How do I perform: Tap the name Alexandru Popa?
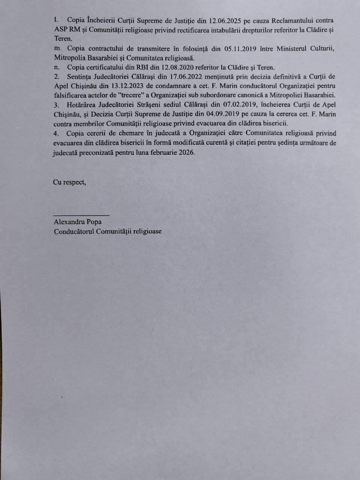click(78, 222)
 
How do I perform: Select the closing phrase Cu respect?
click(69, 183)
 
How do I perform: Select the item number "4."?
click(56, 133)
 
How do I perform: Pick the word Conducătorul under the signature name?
click(74, 231)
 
